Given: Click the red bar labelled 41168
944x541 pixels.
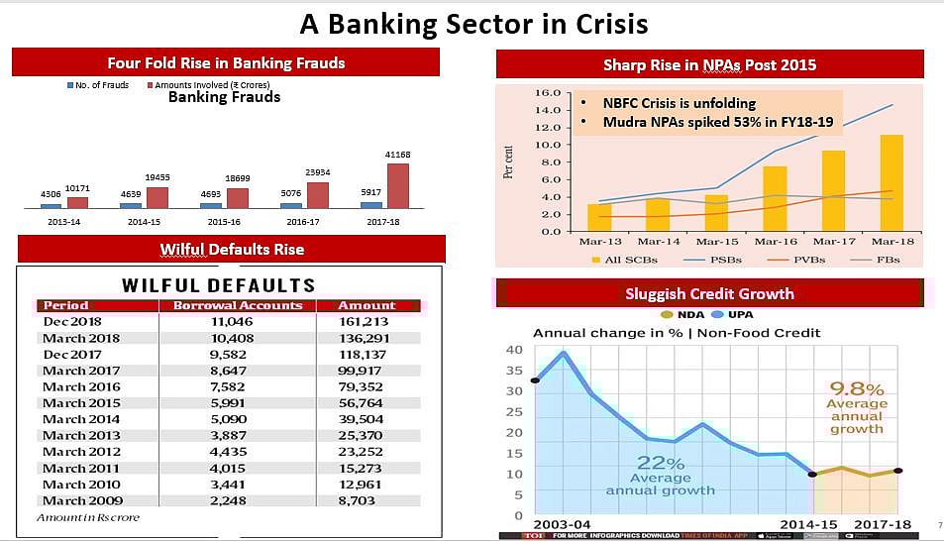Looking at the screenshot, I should [396, 185].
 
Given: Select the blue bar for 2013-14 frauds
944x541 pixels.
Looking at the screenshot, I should [51, 205].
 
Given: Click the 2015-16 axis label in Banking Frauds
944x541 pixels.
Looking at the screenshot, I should [224, 222].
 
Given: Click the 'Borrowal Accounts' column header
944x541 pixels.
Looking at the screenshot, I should [238, 305].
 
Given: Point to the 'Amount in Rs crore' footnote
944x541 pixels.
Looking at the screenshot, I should [88, 517].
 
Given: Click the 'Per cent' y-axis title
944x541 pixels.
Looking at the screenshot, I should [509, 161].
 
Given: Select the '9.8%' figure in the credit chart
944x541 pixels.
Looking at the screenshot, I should [857, 388].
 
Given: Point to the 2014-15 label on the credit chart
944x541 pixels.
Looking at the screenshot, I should [807, 523].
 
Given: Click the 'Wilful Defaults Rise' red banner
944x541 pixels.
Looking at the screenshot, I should [232, 249].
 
